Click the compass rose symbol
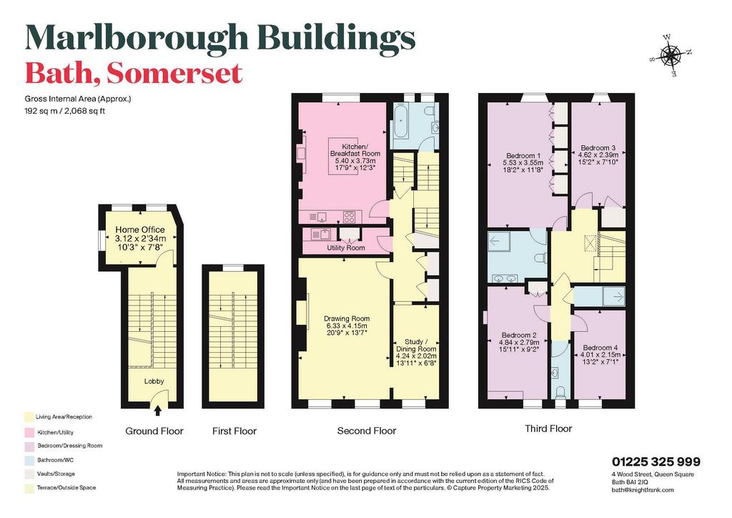(x=671, y=56)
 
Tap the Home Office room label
(x=140, y=230)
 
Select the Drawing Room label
(x=347, y=319)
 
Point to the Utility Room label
(x=346, y=248)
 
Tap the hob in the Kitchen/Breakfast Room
(x=350, y=217)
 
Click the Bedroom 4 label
(x=600, y=348)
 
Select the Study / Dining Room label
(x=416, y=345)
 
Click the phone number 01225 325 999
(x=656, y=462)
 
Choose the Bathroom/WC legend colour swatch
(x=29, y=459)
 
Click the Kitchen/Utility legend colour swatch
(x=29, y=431)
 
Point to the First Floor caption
(x=234, y=431)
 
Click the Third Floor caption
(x=548, y=429)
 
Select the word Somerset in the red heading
(x=174, y=73)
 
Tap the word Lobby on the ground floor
(x=154, y=381)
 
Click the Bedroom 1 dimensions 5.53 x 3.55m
(x=523, y=162)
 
